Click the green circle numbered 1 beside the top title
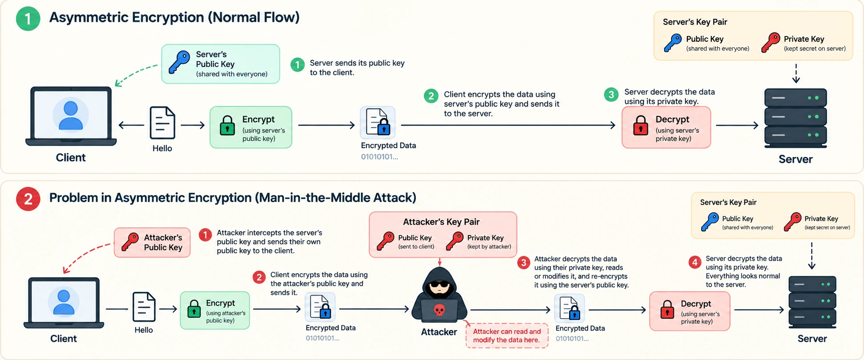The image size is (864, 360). click(x=28, y=19)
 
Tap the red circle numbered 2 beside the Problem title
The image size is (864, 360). click(x=28, y=198)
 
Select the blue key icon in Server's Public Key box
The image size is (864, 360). click(x=179, y=62)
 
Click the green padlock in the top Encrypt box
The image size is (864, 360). click(x=227, y=125)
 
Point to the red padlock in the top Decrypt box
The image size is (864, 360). click(x=641, y=125)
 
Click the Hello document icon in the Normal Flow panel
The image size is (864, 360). click(x=162, y=123)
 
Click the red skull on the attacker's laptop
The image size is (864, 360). click(x=439, y=310)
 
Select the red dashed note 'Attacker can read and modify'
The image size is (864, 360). click(x=507, y=336)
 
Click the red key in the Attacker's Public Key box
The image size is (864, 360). click(x=130, y=243)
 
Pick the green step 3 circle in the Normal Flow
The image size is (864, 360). click(x=611, y=94)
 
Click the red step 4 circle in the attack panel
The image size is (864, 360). click(x=695, y=262)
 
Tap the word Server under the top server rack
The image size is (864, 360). click(x=795, y=159)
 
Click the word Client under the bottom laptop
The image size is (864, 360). click(x=64, y=339)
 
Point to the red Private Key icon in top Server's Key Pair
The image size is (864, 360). click(x=770, y=43)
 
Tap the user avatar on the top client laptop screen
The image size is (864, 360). click(x=71, y=115)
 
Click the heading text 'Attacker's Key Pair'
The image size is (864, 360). click(x=441, y=222)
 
